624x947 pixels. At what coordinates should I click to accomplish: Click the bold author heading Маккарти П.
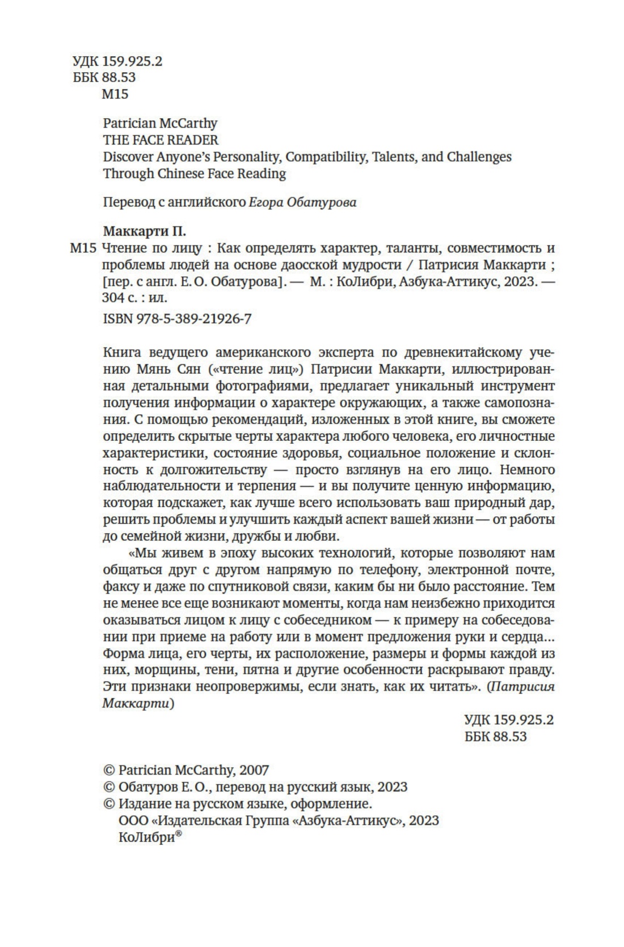click(145, 231)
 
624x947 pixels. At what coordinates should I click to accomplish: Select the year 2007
click(254, 770)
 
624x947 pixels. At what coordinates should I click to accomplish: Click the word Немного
click(528, 470)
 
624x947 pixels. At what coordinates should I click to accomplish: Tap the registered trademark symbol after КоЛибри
click(178, 834)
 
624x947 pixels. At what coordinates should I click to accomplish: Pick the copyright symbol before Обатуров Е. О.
click(108, 787)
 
